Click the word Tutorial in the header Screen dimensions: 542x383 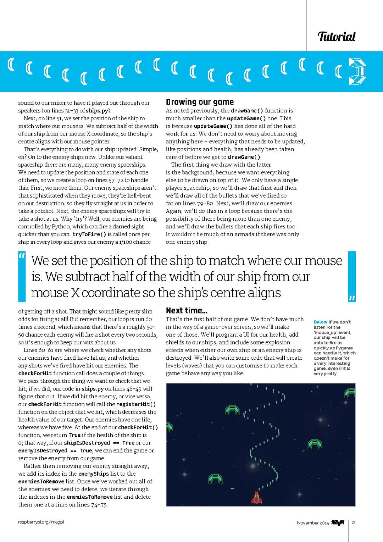click(x=336, y=37)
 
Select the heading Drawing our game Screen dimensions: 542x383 click(x=200, y=102)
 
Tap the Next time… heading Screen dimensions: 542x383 click(x=187, y=311)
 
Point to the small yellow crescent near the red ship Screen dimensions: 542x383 click(x=233, y=488)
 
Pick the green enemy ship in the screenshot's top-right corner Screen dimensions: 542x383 click(x=350, y=393)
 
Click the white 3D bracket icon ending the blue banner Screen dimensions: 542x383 click(x=357, y=72)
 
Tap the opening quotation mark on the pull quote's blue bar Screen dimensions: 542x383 click(x=22, y=256)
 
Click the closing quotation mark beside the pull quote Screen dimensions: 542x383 click(x=351, y=298)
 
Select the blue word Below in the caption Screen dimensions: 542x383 click(x=321, y=322)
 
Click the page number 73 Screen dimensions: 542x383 click(x=354, y=522)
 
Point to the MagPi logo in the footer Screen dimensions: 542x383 click(x=338, y=522)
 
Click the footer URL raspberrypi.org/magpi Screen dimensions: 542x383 click(x=41, y=522)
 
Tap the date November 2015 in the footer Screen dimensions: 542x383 click(x=313, y=523)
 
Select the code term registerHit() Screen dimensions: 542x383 click(x=136, y=404)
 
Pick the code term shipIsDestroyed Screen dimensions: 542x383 click(x=87, y=443)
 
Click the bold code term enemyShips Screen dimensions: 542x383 click(x=94, y=474)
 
